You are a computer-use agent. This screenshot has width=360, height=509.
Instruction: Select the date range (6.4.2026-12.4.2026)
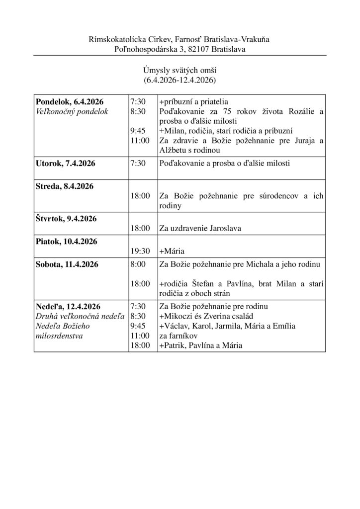point(180,80)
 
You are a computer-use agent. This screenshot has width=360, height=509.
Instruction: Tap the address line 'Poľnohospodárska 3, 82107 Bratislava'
point(180,49)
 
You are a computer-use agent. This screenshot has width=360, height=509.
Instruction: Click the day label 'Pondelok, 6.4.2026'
point(70,101)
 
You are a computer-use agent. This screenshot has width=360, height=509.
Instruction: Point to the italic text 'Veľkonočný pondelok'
point(72,111)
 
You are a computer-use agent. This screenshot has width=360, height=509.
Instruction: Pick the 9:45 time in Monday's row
point(136,131)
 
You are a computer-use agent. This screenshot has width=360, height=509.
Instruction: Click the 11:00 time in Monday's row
point(139,141)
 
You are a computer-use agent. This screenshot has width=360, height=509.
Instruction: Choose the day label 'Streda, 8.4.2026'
point(64,186)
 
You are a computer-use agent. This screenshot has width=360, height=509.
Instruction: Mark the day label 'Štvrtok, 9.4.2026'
point(66,219)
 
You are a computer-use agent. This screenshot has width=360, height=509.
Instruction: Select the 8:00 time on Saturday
point(137,264)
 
